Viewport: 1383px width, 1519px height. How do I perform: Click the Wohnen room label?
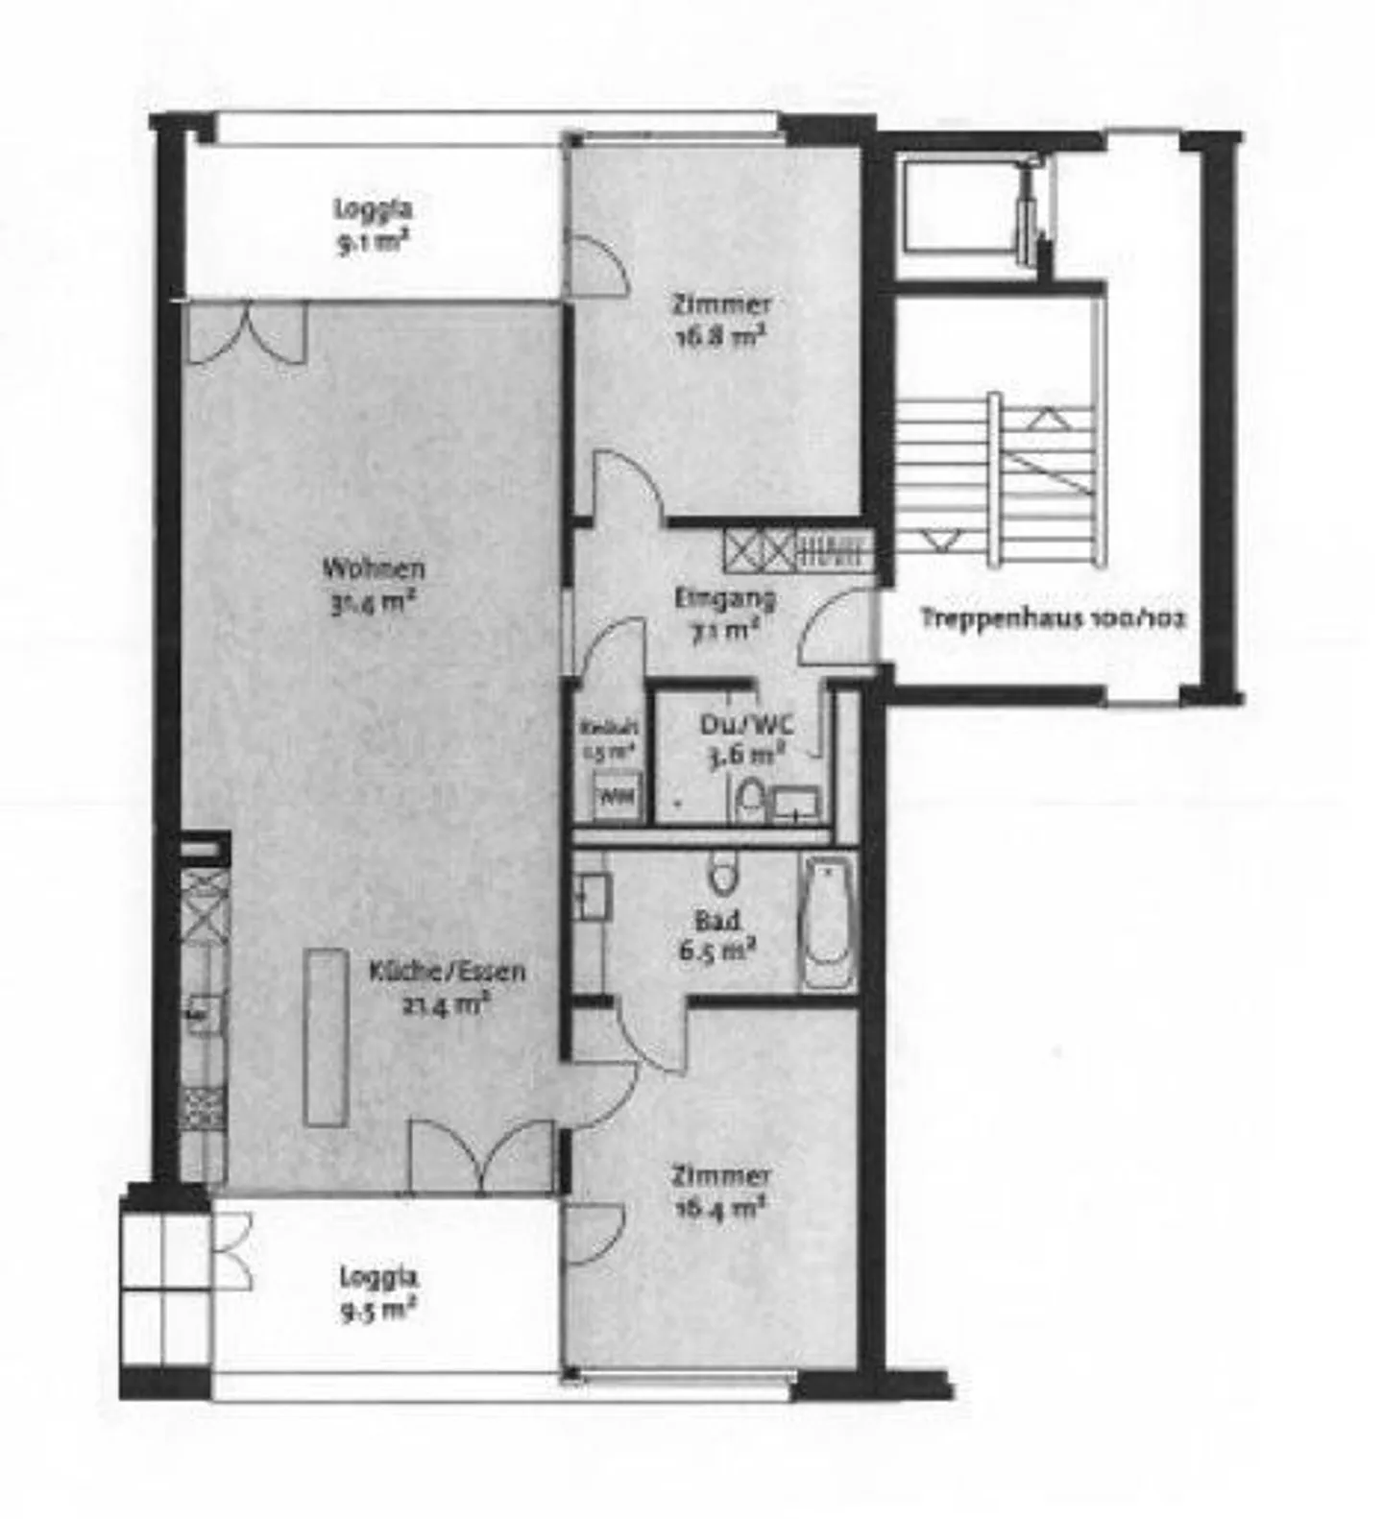point(373,568)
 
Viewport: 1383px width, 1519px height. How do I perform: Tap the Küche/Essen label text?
point(447,972)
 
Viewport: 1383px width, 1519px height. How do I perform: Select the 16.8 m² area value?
point(719,338)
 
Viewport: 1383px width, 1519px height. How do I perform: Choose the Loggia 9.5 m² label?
point(377,1293)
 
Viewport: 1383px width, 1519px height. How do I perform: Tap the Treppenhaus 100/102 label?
point(1053,617)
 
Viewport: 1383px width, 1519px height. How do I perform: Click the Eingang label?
point(724,599)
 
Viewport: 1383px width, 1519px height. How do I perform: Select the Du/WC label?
point(746,724)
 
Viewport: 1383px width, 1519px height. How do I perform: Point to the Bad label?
point(716,921)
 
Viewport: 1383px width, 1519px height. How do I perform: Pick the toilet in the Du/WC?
point(749,800)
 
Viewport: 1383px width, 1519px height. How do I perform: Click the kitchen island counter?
point(326,1037)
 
